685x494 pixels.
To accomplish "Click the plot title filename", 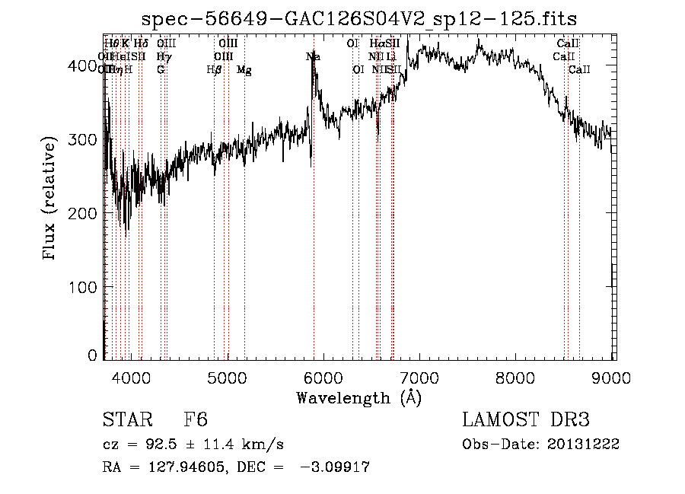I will point(359,19).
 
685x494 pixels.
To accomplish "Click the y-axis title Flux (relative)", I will point(51,199).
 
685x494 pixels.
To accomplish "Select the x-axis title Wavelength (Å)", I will point(358,397).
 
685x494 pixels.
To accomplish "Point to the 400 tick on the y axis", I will point(85,66).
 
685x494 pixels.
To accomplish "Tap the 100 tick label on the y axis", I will point(85,287).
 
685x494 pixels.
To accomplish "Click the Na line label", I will point(313,56).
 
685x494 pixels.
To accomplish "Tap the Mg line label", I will point(244,70).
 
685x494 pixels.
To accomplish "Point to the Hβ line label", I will point(214,70).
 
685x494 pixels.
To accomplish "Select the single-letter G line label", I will point(161,70).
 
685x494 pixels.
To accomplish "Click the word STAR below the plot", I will point(126,420).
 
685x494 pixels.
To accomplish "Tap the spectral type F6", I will point(196,420).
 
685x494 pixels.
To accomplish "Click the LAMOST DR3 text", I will point(526,420).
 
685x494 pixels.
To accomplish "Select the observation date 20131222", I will point(584,445).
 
